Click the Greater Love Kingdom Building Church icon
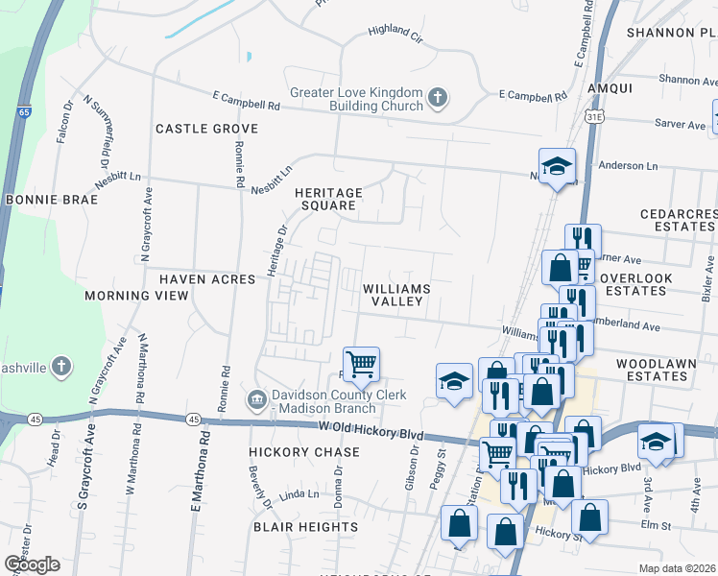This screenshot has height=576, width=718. [x=437, y=97]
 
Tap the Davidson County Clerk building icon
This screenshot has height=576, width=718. [x=256, y=398]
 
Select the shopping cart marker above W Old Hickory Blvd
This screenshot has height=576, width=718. [x=362, y=364]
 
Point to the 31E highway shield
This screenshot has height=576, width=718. [x=594, y=115]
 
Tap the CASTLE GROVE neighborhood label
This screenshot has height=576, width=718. [x=206, y=129]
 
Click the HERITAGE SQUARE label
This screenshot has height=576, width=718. [x=325, y=198]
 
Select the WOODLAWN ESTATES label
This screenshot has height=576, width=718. [x=653, y=370]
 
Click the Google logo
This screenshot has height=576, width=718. [x=33, y=564]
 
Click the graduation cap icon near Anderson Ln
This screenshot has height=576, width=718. [x=556, y=166]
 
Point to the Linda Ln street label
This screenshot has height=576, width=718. [x=299, y=494]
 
